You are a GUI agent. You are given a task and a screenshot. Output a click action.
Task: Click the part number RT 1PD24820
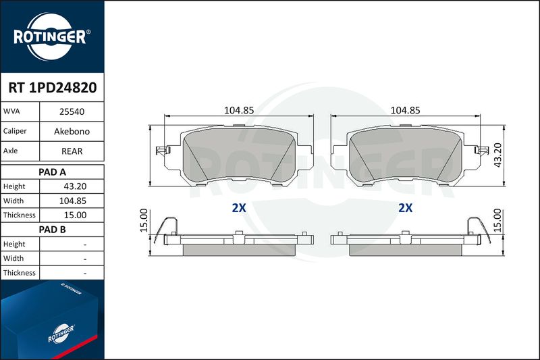pos(53,88)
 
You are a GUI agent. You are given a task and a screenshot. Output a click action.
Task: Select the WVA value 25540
pos(72,111)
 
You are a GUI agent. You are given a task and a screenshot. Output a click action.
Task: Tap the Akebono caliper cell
pos(72,131)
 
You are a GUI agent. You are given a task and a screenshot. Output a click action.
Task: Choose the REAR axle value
pos(72,151)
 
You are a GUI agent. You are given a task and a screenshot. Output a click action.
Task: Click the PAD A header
pos(52,172)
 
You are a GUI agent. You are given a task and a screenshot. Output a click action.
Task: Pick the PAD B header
pos(52,230)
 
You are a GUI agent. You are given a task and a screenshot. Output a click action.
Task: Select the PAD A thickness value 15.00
pos(75,215)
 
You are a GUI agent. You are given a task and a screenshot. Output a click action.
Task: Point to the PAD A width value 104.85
pos(73,201)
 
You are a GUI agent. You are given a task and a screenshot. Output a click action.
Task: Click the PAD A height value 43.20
pos(75,186)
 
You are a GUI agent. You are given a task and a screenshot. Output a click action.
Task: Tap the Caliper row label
pos(15,131)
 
